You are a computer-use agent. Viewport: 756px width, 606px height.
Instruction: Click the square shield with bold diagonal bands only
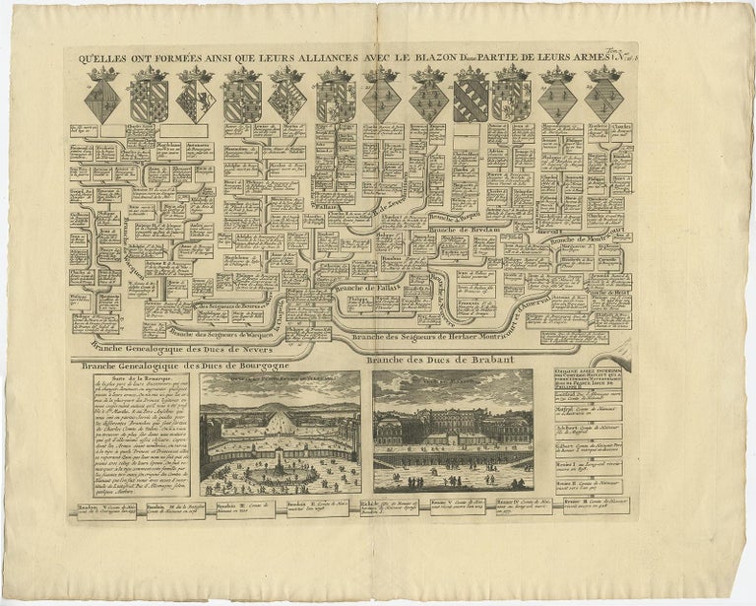coord(471,99)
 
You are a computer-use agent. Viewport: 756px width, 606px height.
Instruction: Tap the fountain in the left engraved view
coord(280,473)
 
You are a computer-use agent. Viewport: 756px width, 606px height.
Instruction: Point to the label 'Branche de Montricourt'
coord(588,236)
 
